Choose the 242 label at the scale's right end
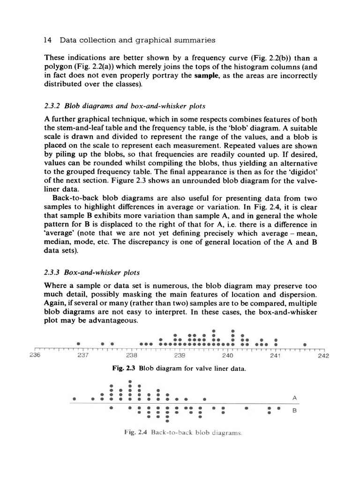tap(323, 355)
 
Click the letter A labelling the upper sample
tap(294, 397)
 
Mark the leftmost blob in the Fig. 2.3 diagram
tap(79, 344)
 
